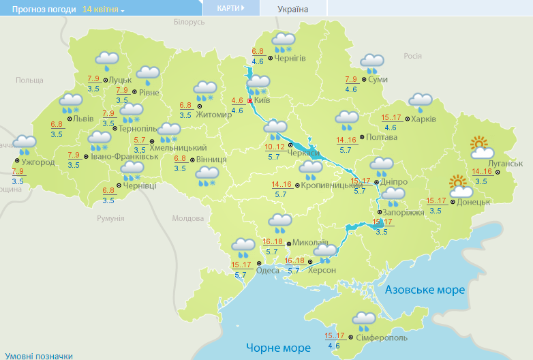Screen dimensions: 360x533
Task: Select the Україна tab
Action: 293,9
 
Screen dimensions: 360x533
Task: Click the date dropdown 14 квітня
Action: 104,10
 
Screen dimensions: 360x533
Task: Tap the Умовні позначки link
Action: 38,355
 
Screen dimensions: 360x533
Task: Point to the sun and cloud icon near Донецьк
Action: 460,185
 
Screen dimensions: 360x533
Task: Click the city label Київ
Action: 262,100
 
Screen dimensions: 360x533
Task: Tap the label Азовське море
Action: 425,290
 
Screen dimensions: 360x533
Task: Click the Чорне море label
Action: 277,347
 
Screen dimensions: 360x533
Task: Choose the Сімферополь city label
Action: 380,337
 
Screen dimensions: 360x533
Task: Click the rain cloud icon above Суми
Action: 372,64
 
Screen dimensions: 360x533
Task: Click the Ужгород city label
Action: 38,162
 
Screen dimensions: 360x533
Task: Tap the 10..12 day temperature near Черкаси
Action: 275,147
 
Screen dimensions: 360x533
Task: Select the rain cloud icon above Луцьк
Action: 106,61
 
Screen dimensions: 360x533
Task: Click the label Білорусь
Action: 189,22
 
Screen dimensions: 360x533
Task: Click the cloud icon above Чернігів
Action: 283,42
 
